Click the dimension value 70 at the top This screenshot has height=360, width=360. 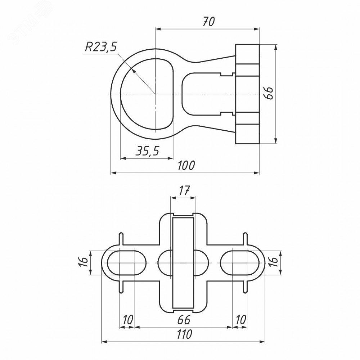pos(208,22)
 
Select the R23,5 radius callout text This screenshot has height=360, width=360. pos(101,47)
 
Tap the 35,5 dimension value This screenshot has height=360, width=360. pos(147,151)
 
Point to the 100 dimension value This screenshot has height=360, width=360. pos(186,165)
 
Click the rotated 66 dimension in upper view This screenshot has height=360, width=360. pos(269,93)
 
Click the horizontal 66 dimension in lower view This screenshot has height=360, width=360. pos(184,320)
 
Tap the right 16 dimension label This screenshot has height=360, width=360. pos(274,262)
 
